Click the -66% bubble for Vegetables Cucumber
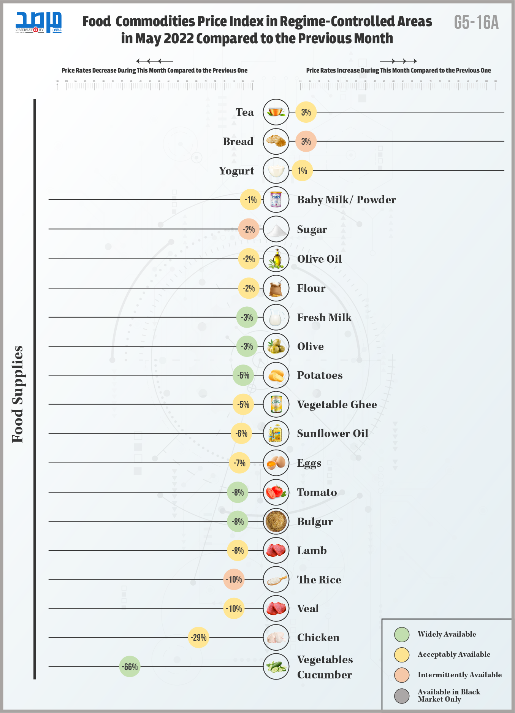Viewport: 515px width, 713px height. (x=130, y=667)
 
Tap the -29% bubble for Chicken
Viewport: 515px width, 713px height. (x=198, y=637)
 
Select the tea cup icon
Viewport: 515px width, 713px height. (x=276, y=112)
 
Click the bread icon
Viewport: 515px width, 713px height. (x=276, y=141)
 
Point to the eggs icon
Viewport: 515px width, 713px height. (x=276, y=463)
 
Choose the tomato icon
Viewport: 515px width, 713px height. (x=276, y=492)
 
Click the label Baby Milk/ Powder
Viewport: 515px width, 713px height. (x=346, y=200)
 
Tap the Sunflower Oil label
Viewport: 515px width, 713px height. (x=333, y=433)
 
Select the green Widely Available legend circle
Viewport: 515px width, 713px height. (x=402, y=634)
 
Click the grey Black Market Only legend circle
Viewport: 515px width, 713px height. (x=402, y=696)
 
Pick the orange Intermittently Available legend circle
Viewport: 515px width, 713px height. (x=402, y=675)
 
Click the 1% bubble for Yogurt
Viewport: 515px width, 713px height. (x=302, y=171)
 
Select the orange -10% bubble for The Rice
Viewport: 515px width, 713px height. (x=234, y=579)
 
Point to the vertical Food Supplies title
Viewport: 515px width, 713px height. (x=18, y=394)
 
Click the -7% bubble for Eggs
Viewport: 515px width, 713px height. (x=239, y=463)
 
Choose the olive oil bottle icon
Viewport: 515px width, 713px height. (x=276, y=259)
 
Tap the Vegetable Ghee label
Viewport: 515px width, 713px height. (x=337, y=404)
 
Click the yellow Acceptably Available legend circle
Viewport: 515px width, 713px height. (x=402, y=654)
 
